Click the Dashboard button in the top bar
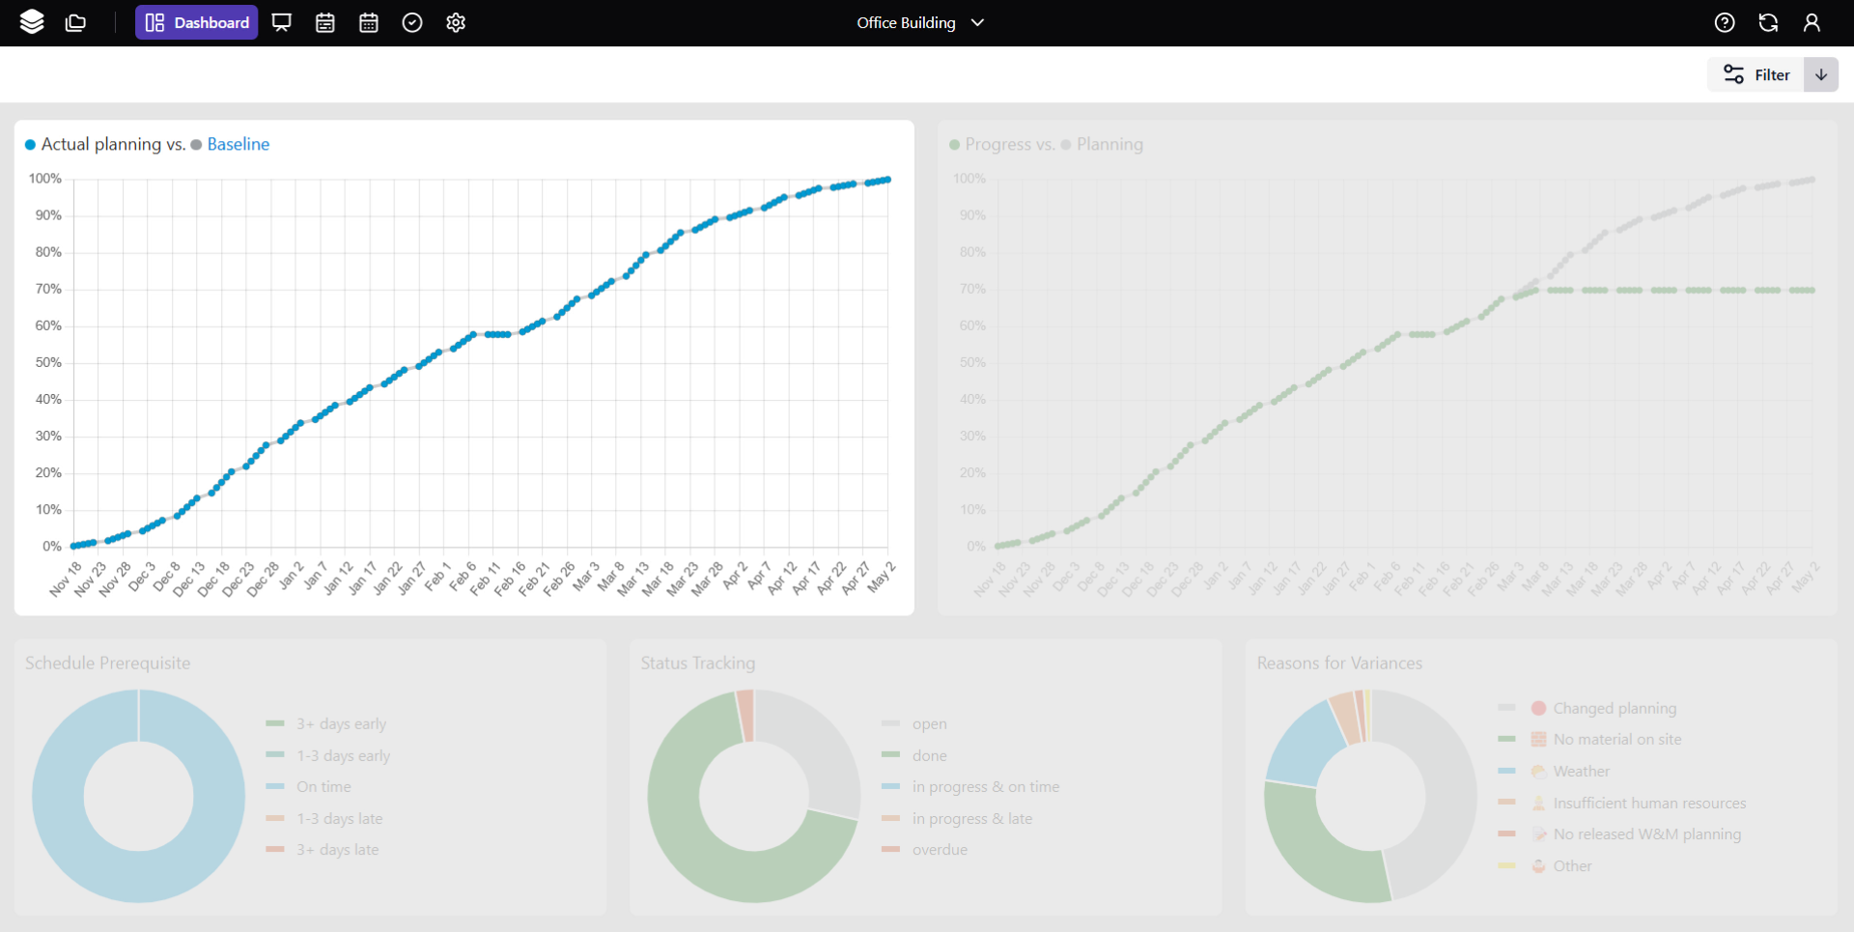point(197,22)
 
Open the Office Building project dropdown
point(920,22)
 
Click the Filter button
point(1756,74)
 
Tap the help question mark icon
point(1725,22)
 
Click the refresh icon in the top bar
point(1768,22)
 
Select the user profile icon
point(1812,22)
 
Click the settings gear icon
point(456,22)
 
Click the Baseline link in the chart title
point(238,144)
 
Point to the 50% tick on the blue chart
point(48,362)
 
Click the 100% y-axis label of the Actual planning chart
point(45,179)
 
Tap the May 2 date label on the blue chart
point(882,577)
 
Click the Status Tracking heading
point(698,663)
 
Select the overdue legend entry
point(939,850)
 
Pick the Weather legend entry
point(1581,771)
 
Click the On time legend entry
point(323,787)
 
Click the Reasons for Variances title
point(1339,663)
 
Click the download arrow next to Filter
point(1821,74)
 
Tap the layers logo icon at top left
point(32,22)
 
